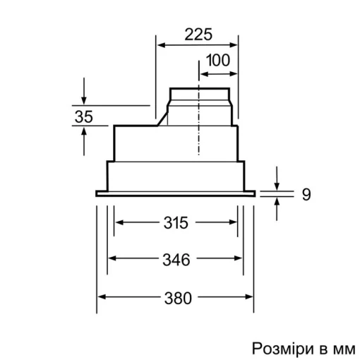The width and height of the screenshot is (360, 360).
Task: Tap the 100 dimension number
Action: point(218,61)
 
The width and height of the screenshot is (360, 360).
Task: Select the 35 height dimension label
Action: point(83,117)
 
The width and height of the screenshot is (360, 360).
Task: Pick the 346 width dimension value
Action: point(174,260)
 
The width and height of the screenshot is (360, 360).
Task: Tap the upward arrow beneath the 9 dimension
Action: point(277,202)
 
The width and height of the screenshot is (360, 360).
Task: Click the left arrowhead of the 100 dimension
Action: point(203,73)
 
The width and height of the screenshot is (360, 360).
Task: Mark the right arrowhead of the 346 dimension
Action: point(241,260)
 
